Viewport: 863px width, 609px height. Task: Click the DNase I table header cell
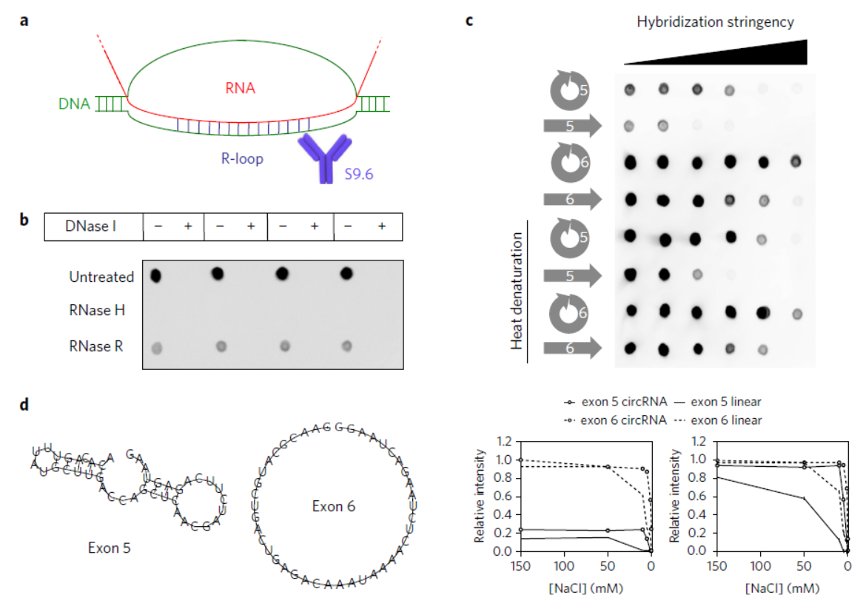pyautogui.click(x=94, y=226)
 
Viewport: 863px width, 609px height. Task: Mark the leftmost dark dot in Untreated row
pyautogui.click(x=156, y=276)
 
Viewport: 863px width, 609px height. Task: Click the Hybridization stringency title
pyautogui.click(x=715, y=22)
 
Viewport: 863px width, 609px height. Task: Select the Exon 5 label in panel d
pyautogui.click(x=108, y=548)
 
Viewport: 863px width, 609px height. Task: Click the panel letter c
pyautogui.click(x=469, y=20)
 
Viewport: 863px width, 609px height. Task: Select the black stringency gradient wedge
pyautogui.click(x=740, y=55)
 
